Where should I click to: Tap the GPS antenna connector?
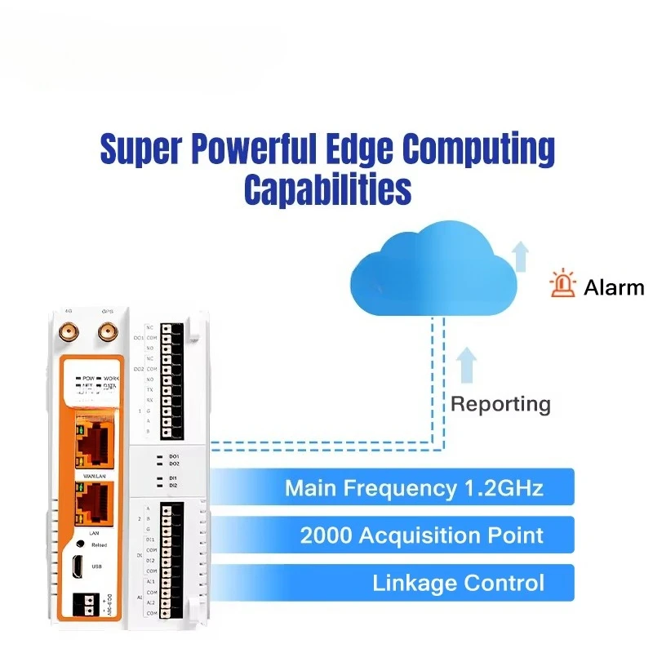click(106, 332)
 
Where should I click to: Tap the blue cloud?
click(433, 269)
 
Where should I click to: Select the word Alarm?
click(614, 287)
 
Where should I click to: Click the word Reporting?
click(500, 403)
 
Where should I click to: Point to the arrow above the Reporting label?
click(466, 364)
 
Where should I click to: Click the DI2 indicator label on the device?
click(173, 486)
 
